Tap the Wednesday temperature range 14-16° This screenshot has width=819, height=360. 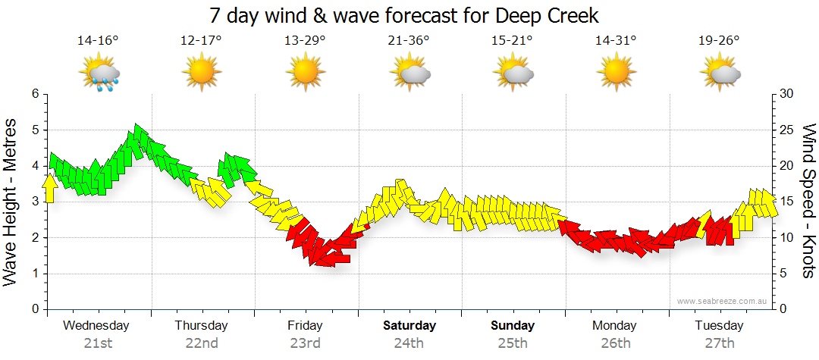[x=98, y=40]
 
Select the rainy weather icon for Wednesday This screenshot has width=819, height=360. [x=99, y=75]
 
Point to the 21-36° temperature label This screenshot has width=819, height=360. [x=409, y=40]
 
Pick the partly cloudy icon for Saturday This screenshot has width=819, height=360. [x=410, y=74]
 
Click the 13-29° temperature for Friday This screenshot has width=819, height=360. [x=305, y=40]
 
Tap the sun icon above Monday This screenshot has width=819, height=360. [x=616, y=74]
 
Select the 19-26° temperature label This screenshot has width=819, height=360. [x=719, y=40]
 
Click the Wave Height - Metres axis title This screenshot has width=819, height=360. [x=12, y=201]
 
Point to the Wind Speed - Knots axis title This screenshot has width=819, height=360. [x=808, y=201]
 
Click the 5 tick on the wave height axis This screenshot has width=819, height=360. [x=34, y=130]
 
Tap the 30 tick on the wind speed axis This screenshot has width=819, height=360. [x=786, y=94]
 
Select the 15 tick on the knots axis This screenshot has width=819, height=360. [x=786, y=202]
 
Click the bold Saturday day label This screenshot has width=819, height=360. [x=409, y=326]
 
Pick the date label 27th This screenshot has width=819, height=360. [x=719, y=343]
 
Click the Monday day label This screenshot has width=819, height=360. [x=615, y=326]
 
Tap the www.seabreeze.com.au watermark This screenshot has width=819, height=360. [x=723, y=301]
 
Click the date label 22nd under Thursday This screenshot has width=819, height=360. [x=202, y=343]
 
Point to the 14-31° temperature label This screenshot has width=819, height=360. [x=615, y=40]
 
